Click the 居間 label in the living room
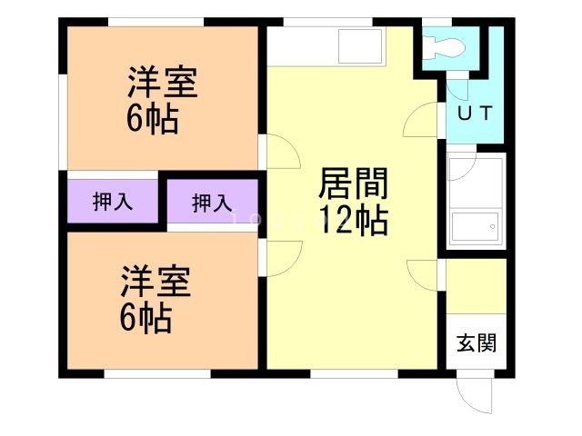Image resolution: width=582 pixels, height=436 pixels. (x=354, y=186)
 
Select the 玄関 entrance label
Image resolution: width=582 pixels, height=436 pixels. (x=476, y=343)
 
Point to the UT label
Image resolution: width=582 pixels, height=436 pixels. (x=474, y=114)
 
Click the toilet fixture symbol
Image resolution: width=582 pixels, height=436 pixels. (x=446, y=45)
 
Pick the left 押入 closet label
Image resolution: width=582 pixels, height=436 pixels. (x=113, y=202)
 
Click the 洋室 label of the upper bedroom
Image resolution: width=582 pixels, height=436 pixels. (x=163, y=84)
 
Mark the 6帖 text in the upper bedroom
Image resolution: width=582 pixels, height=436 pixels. (x=152, y=119)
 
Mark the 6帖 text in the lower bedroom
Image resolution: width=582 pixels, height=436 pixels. (x=147, y=318)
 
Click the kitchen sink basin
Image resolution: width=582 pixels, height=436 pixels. (x=361, y=45)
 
